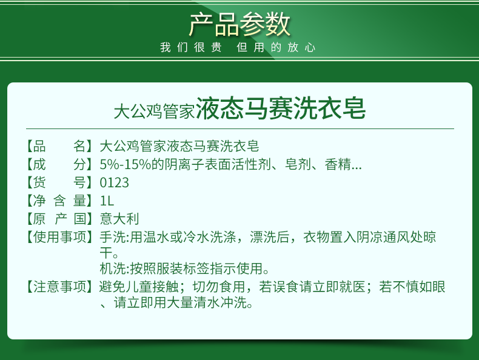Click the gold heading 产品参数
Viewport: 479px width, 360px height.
tap(239, 24)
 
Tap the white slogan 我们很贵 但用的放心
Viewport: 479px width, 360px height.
tap(238, 47)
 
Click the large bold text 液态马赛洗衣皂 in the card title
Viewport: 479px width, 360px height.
tap(281, 108)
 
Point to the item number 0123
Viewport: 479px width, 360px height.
tap(114, 182)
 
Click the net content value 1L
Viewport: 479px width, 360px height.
tap(107, 201)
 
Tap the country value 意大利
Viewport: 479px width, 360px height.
tap(119, 219)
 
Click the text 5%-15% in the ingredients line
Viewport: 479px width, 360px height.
tap(126, 165)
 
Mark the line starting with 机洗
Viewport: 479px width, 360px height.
tap(185, 268)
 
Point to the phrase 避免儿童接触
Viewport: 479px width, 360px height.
tap(139, 287)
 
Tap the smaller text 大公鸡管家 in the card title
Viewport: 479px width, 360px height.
tap(154, 111)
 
